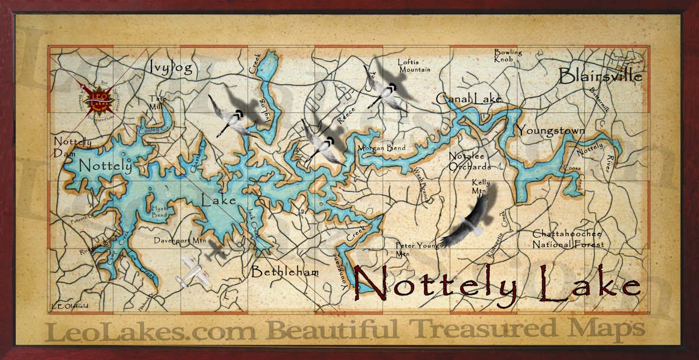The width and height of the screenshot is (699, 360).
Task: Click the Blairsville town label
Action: pyautogui.click(x=600, y=76)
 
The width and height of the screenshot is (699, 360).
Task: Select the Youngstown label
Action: pyautogui.click(x=551, y=130)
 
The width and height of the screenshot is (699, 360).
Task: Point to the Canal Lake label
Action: pyautogui.click(x=468, y=99)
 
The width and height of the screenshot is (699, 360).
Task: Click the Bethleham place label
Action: pyautogui.click(x=285, y=272)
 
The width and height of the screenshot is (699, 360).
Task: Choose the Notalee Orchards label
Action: pyautogui.click(x=469, y=161)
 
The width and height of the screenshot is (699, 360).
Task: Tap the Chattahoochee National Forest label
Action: pyautogui.click(x=568, y=239)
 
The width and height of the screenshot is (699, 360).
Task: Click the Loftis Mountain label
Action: pyautogui.click(x=414, y=66)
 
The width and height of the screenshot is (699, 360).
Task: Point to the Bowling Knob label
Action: pyautogui.click(x=508, y=55)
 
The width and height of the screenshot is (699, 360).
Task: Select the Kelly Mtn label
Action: pyautogui.click(x=481, y=186)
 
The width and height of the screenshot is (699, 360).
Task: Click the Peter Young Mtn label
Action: pyautogui.click(x=416, y=249)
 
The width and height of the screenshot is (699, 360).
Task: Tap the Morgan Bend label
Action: pyautogui.click(x=382, y=148)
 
